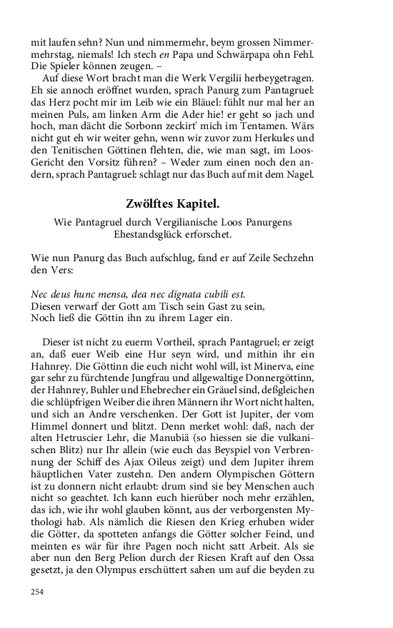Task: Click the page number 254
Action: point(37,592)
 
